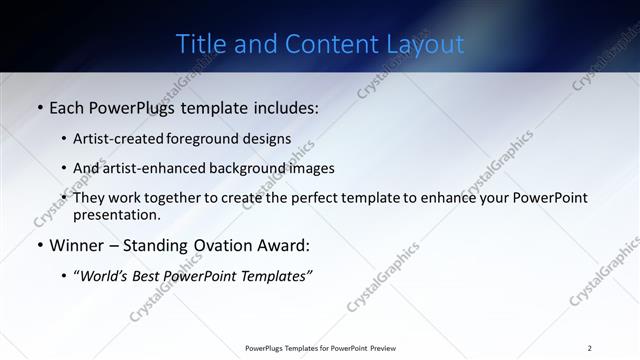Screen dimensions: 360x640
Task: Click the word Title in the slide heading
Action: [x=200, y=44]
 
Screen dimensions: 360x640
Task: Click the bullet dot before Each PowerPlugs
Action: [x=39, y=107]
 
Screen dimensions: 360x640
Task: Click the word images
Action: [x=312, y=168]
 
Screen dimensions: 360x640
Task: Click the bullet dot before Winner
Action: [x=39, y=246]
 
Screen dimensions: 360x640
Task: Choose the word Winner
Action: [x=77, y=246]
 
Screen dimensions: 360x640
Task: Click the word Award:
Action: [x=287, y=246]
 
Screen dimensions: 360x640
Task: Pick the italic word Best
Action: [x=153, y=276]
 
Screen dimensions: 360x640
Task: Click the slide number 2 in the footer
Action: [x=590, y=348]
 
